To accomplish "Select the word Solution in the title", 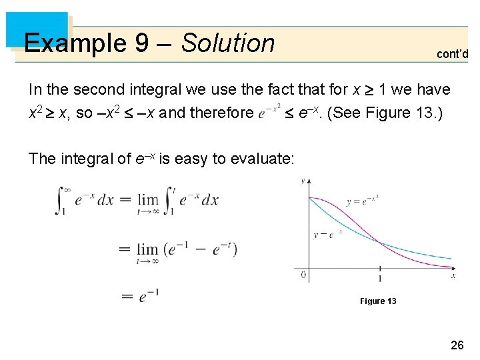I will (228, 43).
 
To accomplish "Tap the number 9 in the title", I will (141, 43).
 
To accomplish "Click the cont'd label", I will (452, 54).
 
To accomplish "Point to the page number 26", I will (457, 345).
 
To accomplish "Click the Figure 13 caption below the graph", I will (378, 301).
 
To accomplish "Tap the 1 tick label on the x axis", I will (380, 278).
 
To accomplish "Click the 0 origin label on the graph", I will (303, 275).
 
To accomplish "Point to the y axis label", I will (303, 181).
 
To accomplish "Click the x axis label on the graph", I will (453, 275).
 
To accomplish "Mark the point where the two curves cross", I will (379, 241).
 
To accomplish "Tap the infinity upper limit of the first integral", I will (65, 188).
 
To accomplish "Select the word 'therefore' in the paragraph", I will (220, 113).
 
